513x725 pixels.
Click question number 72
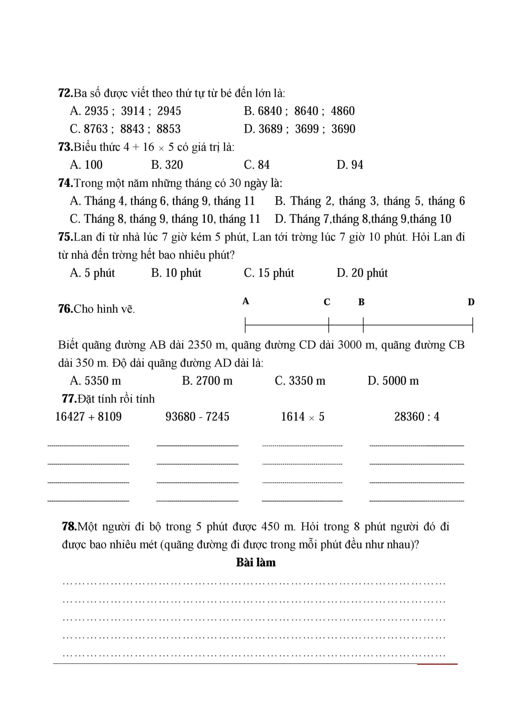[65, 93]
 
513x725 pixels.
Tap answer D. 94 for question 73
[350, 165]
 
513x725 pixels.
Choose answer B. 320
[167, 165]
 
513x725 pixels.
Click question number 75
[65, 237]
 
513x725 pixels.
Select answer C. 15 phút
[269, 273]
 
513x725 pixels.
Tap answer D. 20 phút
[362, 273]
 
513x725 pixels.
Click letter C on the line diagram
[327, 302]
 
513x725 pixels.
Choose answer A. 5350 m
[95, 381]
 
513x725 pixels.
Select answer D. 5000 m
[393, 381]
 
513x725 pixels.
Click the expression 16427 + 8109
[88, 417]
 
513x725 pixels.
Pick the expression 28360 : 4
[417, 417]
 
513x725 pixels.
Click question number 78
[69, 526]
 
